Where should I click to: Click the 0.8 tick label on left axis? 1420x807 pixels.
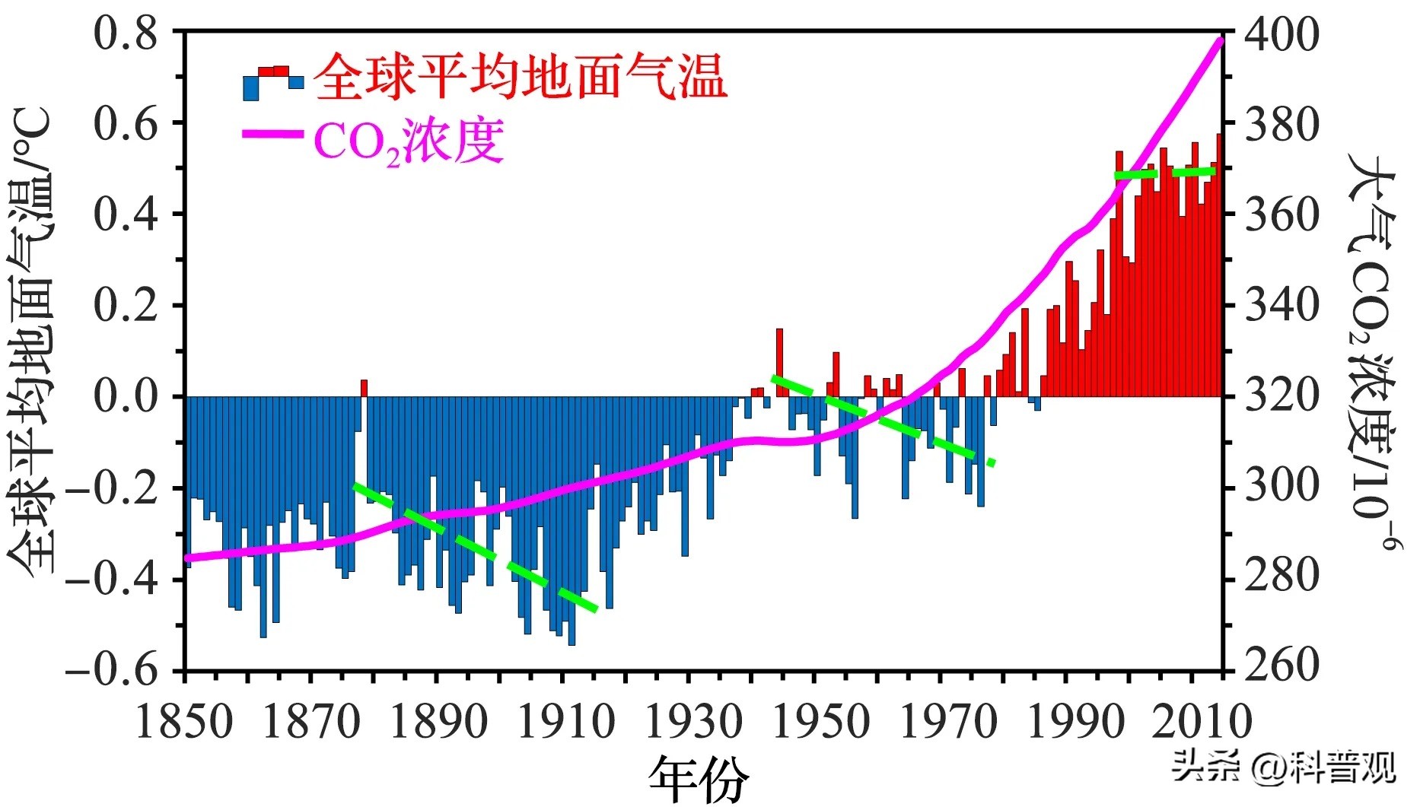126,34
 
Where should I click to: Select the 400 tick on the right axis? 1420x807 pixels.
1281,34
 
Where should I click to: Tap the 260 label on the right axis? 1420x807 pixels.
1281,666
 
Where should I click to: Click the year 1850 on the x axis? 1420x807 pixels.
184,721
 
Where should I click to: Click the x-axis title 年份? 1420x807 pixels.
699,778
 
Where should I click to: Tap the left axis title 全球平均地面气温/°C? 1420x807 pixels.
32,342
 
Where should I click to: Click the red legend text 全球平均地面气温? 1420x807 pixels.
521,76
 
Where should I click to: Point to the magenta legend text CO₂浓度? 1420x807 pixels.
409,141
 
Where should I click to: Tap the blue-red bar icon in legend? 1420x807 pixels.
273,82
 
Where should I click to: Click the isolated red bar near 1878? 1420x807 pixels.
364,388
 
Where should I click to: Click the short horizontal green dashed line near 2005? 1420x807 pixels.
1165,173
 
